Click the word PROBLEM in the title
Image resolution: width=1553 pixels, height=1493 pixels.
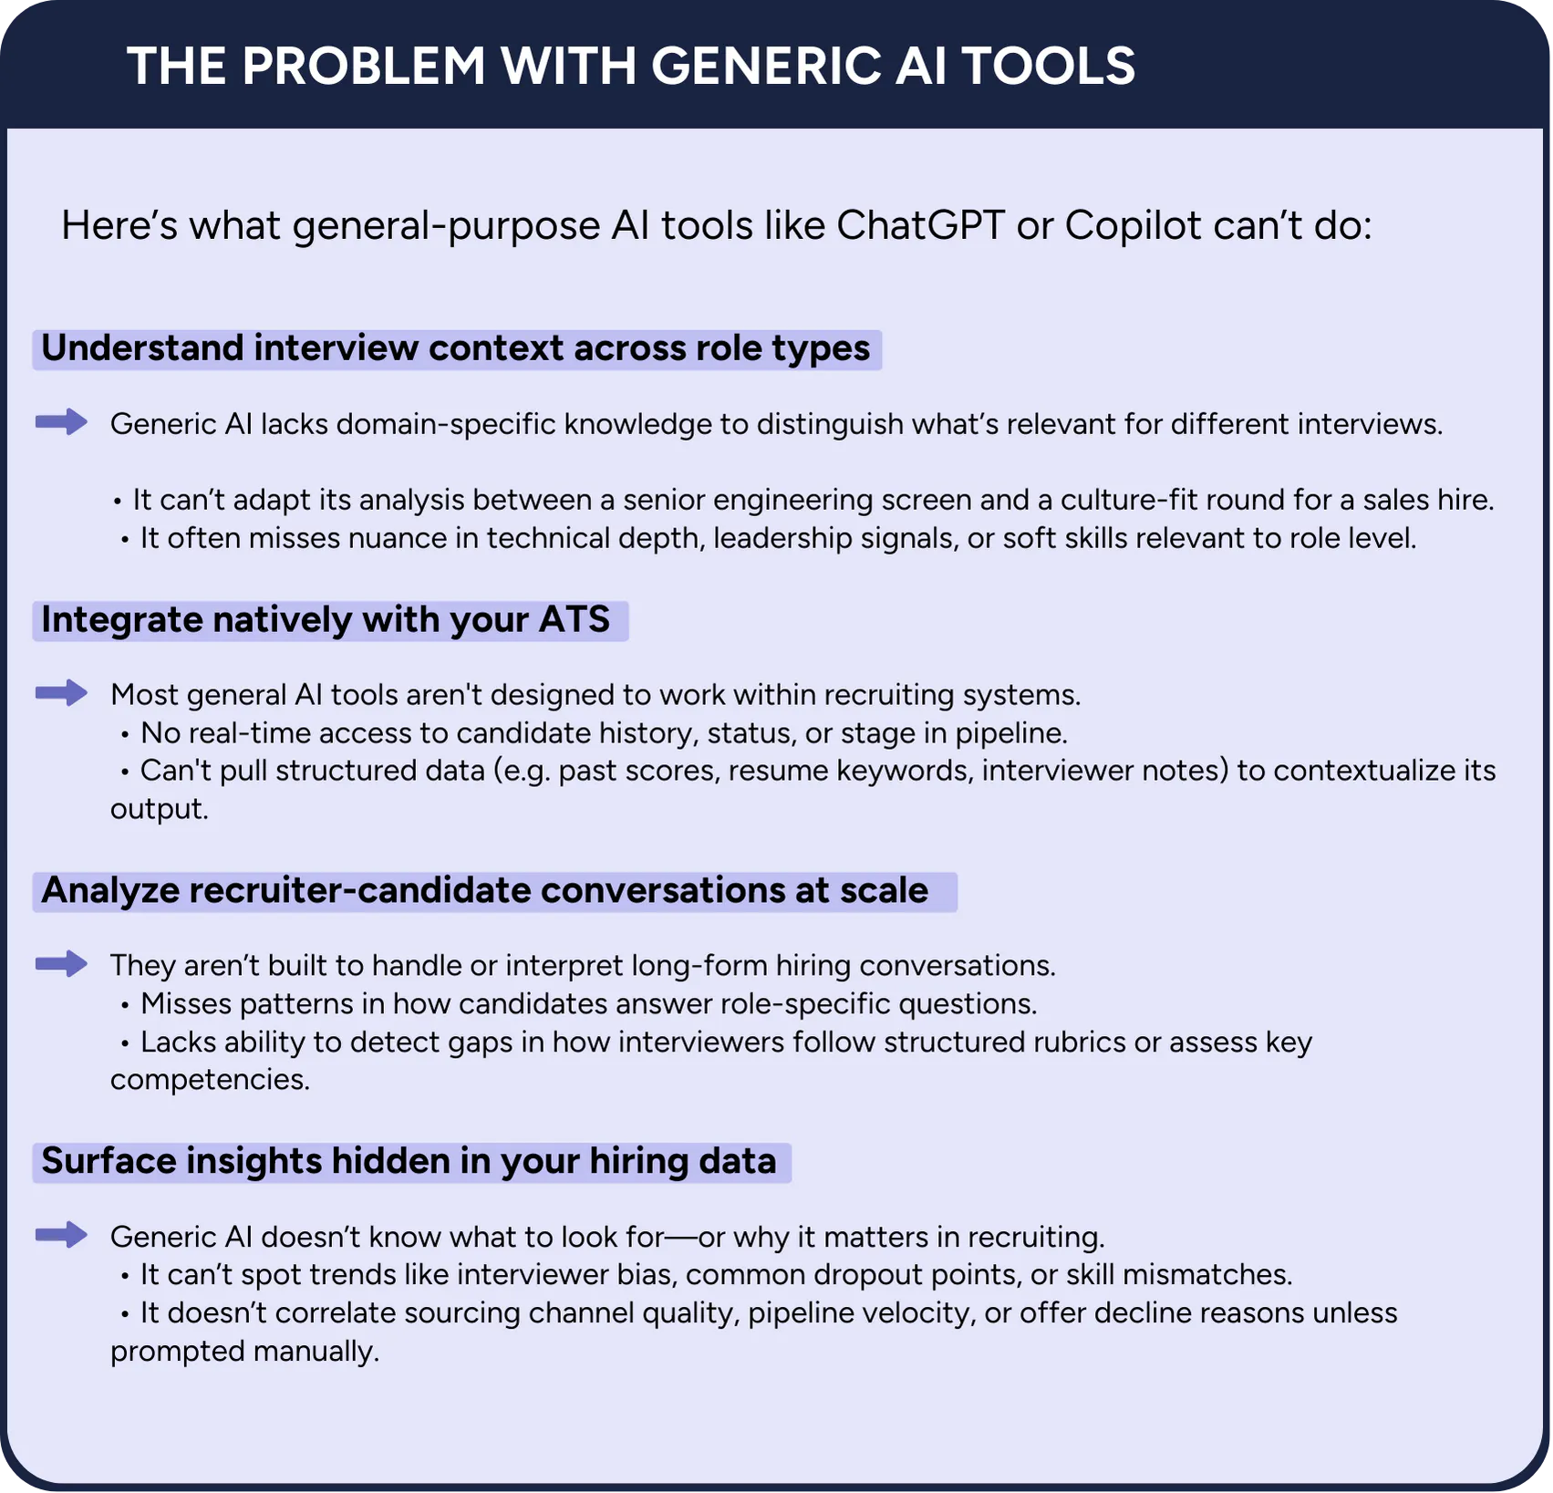pos(364,66)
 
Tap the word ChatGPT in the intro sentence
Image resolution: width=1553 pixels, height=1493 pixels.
pos(920,225)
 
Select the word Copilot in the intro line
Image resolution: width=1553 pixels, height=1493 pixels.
pos(1134,226)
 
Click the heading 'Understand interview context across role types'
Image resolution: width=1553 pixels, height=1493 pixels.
pos(456,349)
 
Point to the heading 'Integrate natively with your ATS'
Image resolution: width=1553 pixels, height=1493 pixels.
pos(326,620)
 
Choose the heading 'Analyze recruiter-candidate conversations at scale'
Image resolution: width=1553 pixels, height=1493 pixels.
pos(484,891)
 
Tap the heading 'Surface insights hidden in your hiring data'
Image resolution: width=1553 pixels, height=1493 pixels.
pos(409,1162)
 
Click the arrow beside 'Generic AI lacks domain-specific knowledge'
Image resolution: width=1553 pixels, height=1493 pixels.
pos(61,421)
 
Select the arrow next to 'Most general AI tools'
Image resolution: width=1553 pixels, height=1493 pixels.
pos(61,693)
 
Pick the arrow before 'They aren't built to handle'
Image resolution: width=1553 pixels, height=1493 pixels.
pos(61,963)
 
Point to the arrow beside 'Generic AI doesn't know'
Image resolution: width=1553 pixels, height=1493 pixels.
pos(61,1235)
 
